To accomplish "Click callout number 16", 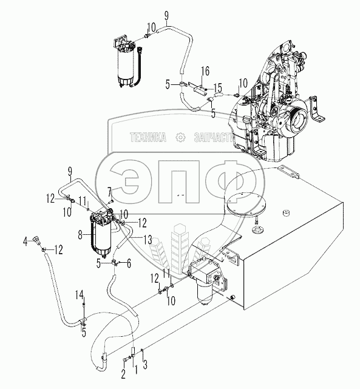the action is [x=205, y=71].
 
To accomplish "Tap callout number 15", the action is [x=218, y=88].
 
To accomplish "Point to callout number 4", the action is [x=25, y=242].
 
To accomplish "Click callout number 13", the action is [x=148, y=240].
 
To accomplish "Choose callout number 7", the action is [x=110, y=192].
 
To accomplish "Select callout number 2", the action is [x=124, y=374].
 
